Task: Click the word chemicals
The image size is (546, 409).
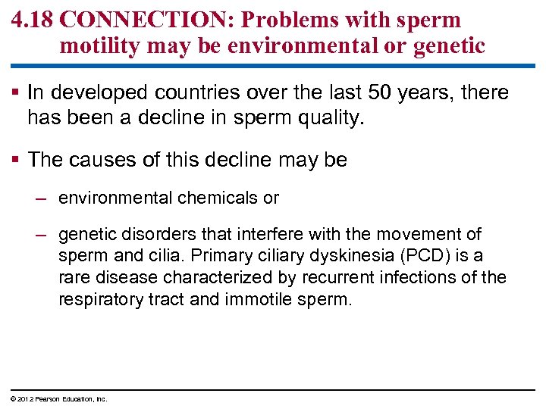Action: pyautogui.click(x=218, y=198)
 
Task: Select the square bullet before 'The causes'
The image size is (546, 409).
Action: pyautogui.click(x=16, y=161)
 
